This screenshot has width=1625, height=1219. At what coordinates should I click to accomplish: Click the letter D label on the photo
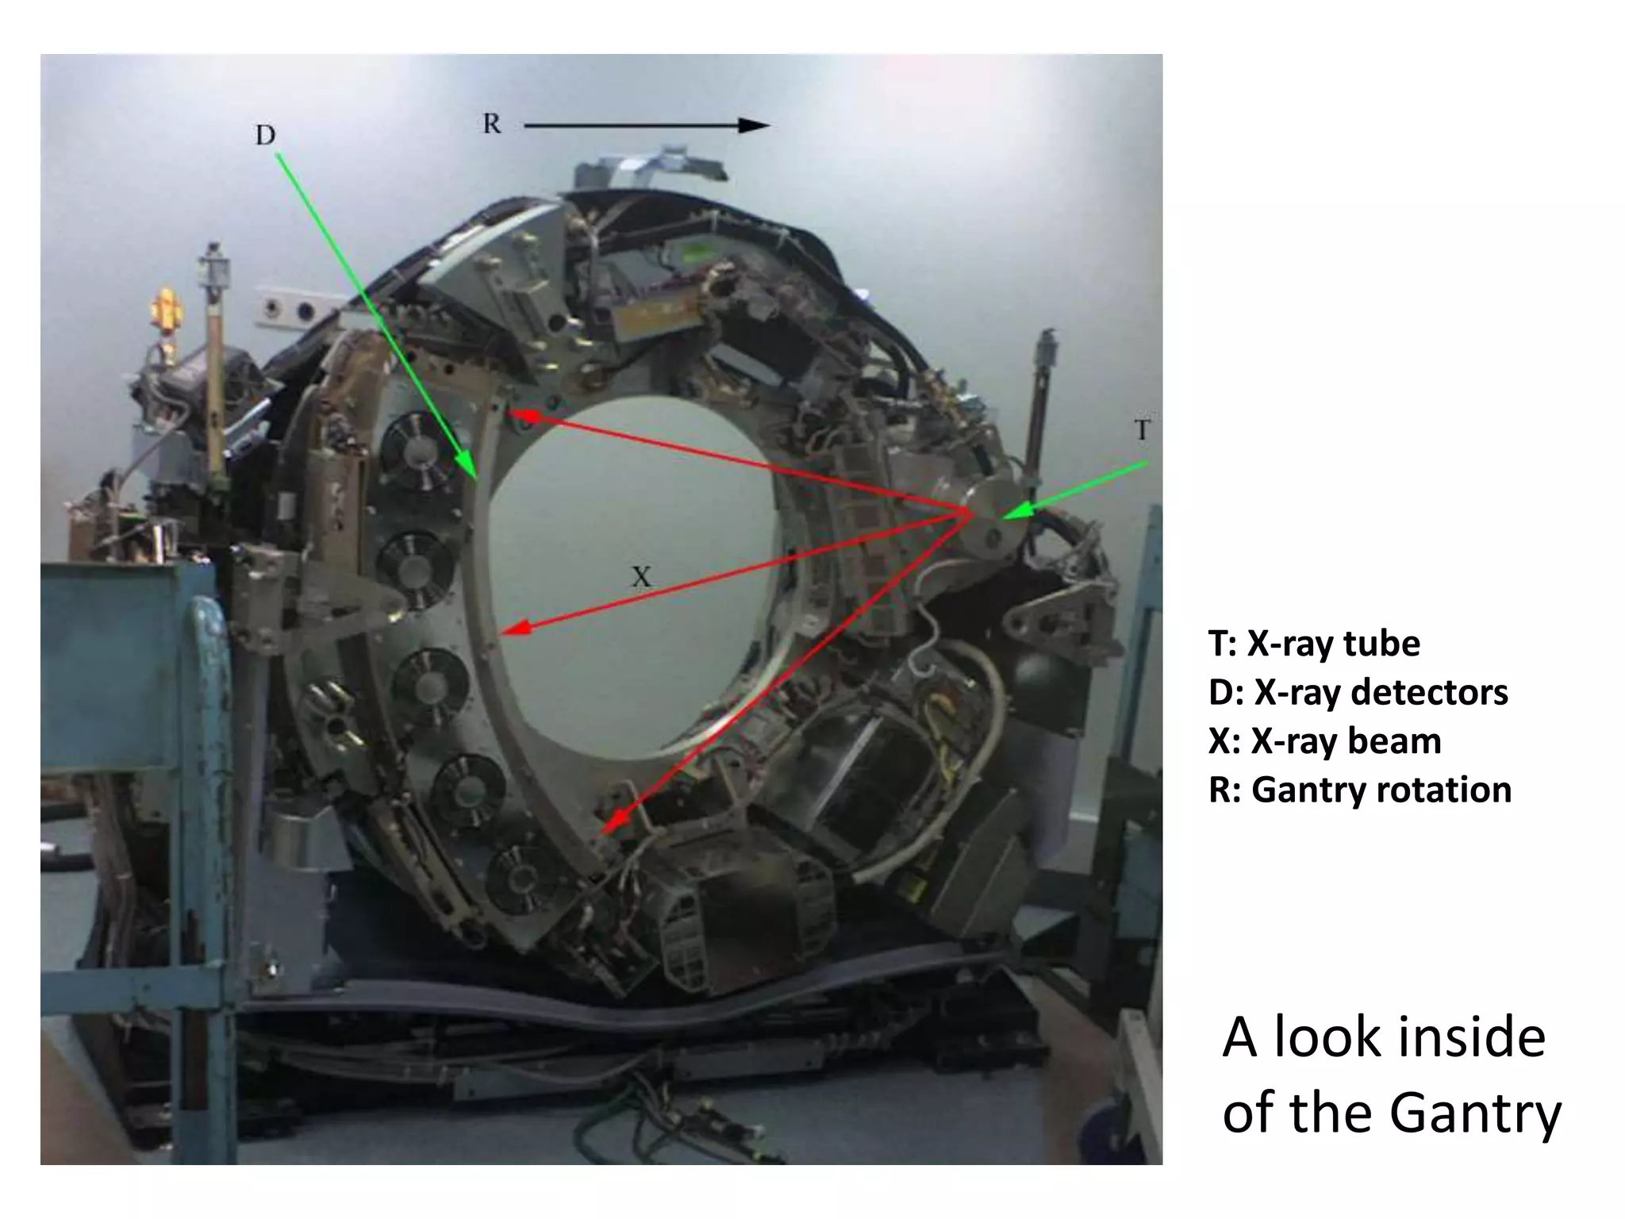[265, 136]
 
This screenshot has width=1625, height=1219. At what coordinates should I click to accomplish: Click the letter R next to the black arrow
[492, 125]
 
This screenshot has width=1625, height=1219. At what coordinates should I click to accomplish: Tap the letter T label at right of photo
[1142, 431]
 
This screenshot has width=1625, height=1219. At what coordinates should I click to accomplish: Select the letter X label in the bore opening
[641, 577]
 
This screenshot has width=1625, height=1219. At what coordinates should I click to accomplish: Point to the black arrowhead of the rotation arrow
[753, 125]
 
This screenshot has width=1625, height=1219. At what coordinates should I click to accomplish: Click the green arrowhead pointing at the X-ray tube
[1016, 511]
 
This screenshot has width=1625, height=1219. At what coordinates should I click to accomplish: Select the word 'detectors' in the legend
[1428, 692]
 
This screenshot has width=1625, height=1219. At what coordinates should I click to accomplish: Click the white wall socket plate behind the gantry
[290, 308]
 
